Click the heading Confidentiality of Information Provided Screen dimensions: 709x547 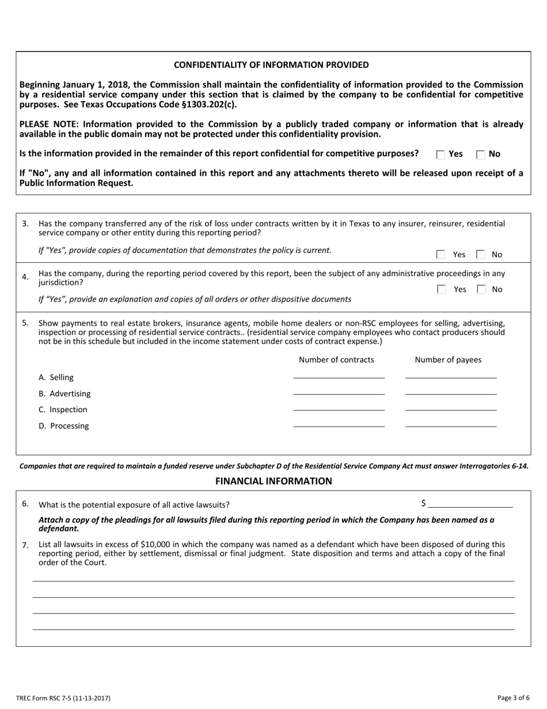click(271, 65)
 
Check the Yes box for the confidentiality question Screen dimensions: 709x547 click(440, 154)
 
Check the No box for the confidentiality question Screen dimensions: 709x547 click(481, 154)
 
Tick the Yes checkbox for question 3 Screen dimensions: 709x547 click(440, 254)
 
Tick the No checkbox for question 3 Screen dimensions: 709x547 click(481, 254)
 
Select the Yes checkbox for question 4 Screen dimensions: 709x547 click(440, 289)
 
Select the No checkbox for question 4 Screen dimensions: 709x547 click(481, 289)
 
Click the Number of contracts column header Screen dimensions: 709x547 click(336, 360)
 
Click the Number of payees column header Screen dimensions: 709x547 click(448, 360)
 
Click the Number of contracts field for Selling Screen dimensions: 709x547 click(339, 374)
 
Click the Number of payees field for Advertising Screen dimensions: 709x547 click(450, 390)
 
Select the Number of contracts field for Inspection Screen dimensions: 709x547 click(339, 406)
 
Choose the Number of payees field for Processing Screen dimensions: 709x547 click(450, 422)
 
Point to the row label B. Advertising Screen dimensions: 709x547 click(64, 394)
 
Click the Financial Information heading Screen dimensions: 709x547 click(273, 481)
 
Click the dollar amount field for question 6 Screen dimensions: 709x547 click(470, 503)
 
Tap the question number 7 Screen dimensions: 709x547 click(25, 545)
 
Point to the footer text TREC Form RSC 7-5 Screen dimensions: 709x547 click(63, 698)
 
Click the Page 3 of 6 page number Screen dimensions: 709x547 click(513, 698)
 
